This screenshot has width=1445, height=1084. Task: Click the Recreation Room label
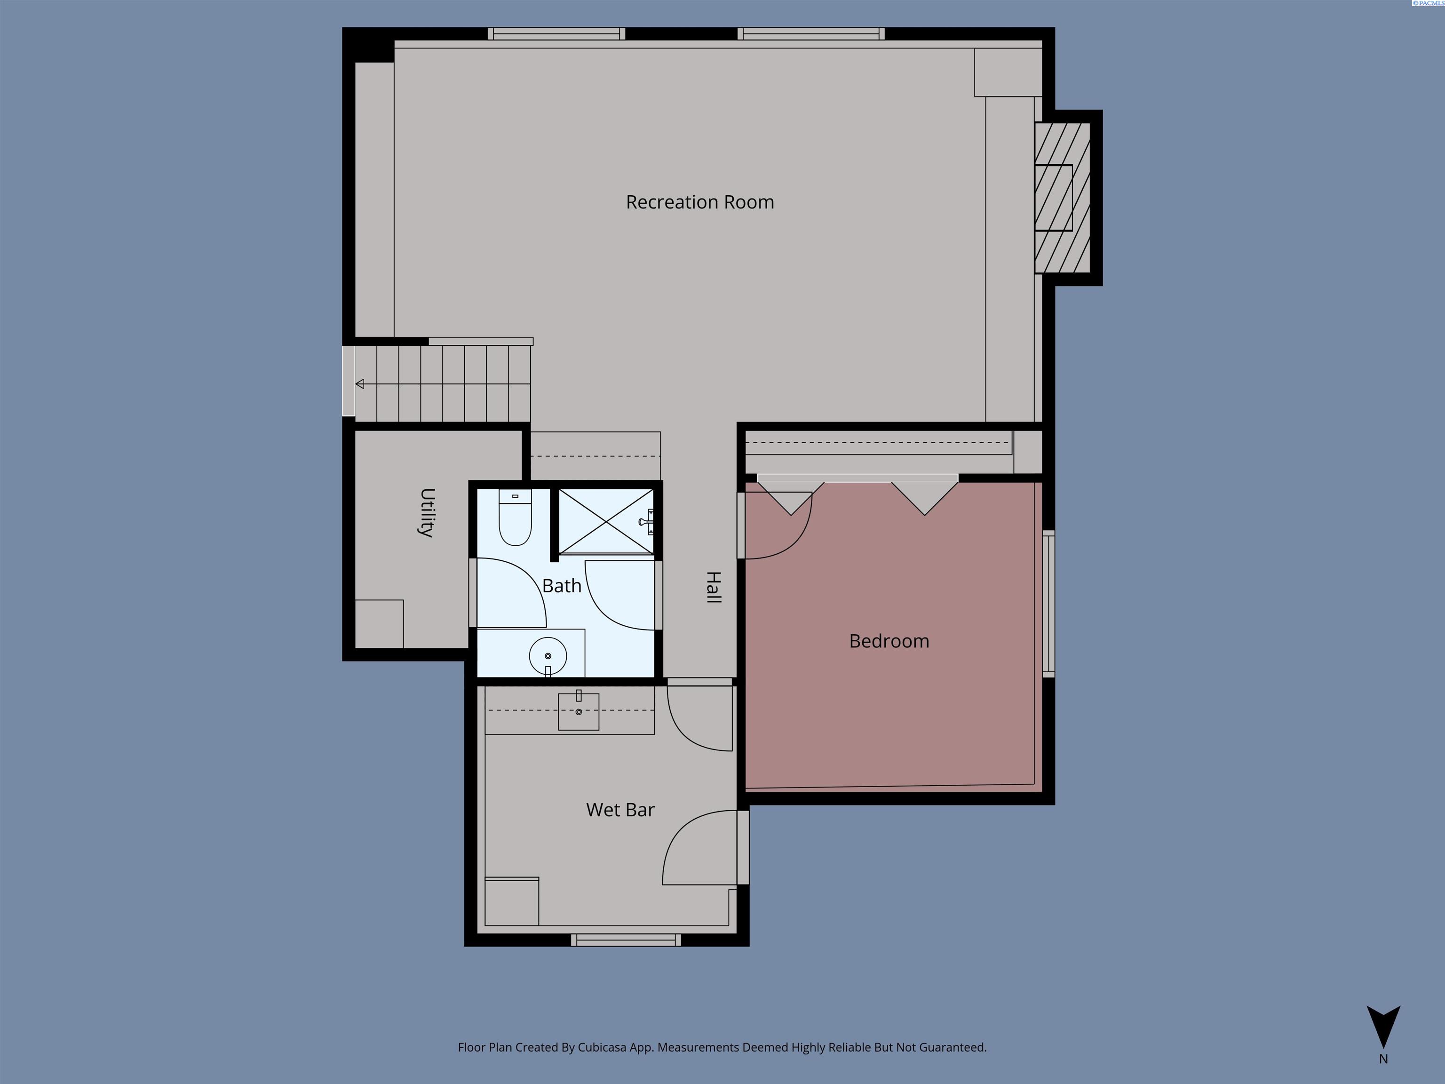point(699,202)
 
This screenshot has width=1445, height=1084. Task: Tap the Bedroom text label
point(889,641)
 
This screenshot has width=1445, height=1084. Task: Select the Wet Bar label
point(620,810)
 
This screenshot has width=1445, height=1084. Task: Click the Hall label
point(714,587)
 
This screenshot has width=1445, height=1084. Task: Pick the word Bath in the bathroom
point(562,585)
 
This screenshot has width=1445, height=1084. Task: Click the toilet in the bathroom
point(516,517)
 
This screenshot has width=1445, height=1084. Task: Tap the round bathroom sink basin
point(548,656)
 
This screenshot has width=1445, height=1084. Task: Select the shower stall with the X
point(606,521)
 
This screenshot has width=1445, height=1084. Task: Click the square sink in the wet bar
point(578,711)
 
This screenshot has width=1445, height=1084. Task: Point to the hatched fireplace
point(1062,197)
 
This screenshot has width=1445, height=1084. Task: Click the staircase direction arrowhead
point(359,383)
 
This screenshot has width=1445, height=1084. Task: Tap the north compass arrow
point(1383,1027)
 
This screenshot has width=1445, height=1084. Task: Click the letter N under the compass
point(1383,1059)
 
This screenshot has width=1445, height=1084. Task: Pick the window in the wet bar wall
point(626,940)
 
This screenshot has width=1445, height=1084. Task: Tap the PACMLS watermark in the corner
point(1428,3)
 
